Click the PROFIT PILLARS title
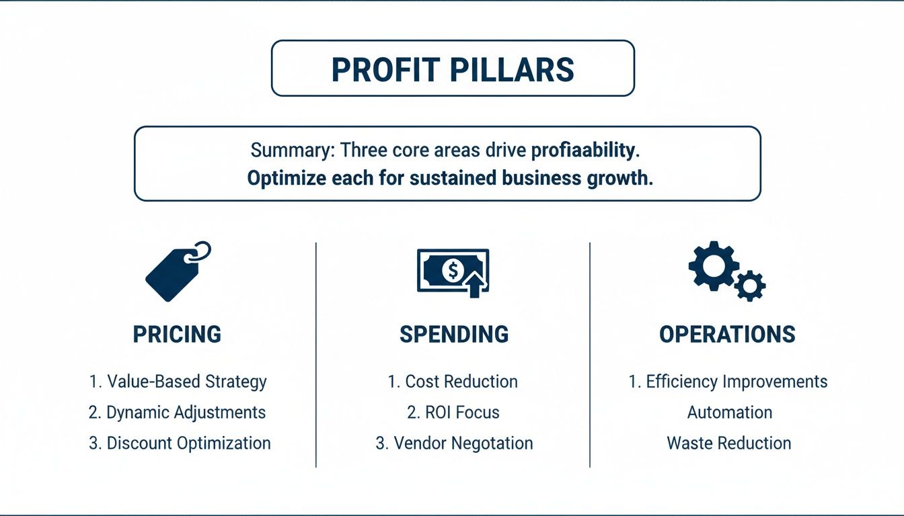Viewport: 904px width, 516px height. click(453, 69)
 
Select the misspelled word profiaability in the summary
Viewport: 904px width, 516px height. click(583, 150)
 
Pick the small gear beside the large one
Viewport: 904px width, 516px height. click(749, 286)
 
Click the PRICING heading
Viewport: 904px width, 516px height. click(177, 334)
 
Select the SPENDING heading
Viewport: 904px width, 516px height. click(454, 334)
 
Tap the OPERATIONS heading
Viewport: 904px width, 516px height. click(727, 334)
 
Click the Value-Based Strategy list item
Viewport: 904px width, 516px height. click(178, 382)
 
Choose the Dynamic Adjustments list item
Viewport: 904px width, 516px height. click(178, 413)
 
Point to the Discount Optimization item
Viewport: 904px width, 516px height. click(180, 443)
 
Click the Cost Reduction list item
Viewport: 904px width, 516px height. click(453, 382)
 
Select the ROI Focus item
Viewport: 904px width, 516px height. click(453, 413)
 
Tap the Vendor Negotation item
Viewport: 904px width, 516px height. click(454, 443)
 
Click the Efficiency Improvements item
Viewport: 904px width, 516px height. click(728, 382)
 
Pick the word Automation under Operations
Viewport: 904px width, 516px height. click(729, 413)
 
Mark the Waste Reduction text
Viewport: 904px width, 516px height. click(728, 443)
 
